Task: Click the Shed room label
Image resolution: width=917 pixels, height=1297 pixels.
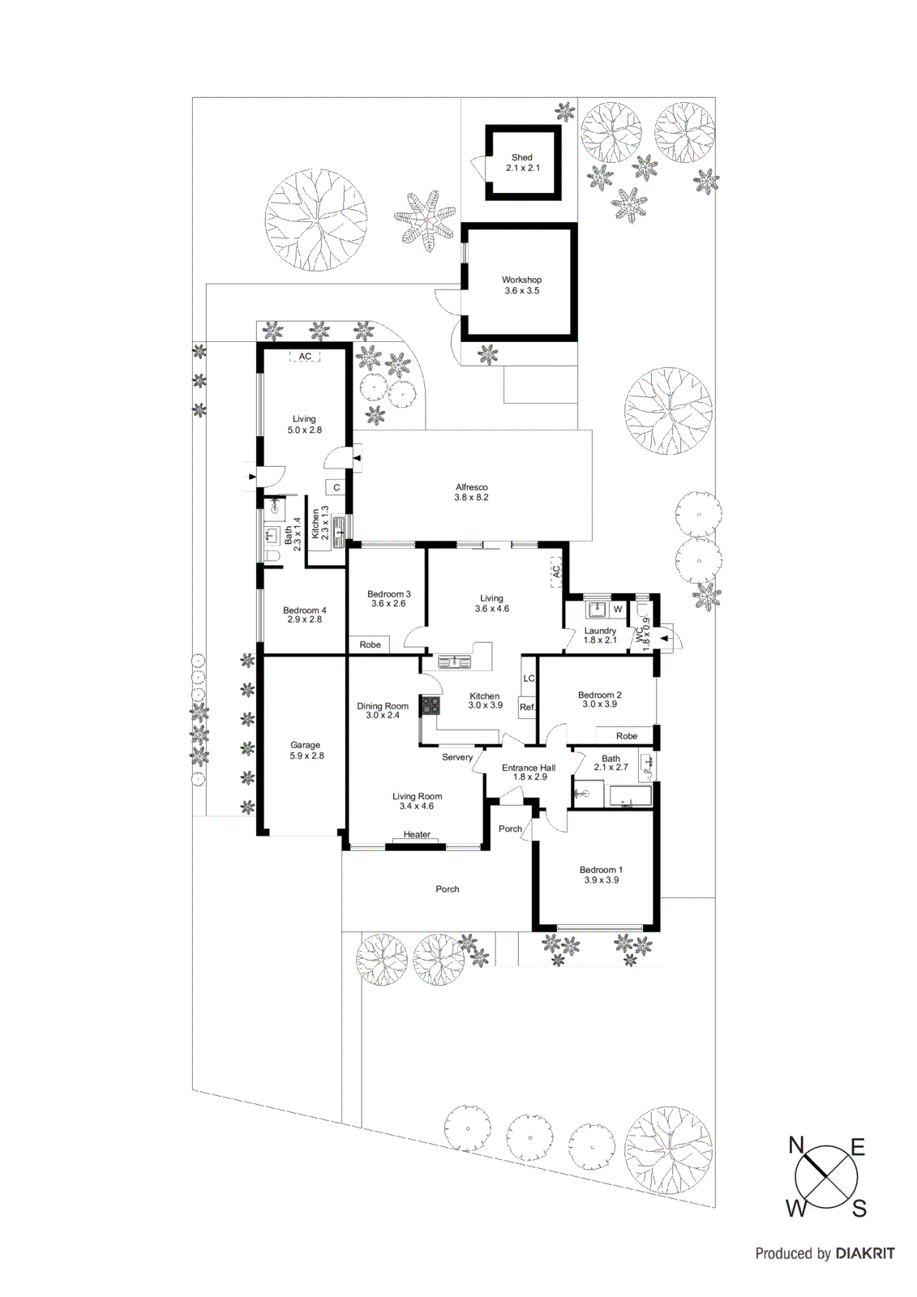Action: [522, 163]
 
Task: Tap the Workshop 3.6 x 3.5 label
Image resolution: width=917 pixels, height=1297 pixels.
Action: [521, 285]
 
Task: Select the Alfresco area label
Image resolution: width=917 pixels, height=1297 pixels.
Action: [471, 492]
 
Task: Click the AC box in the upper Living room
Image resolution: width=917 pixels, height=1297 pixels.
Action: [305, 357]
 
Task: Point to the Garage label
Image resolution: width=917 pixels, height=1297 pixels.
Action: [306, 750]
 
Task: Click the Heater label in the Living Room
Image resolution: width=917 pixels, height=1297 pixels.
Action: [417, 834]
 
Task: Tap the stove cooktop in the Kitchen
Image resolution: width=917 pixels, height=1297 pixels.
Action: [431, 705]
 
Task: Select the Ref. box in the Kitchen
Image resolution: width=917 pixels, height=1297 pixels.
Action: [527, 707]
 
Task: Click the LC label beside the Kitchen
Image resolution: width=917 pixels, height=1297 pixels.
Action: [529, 678]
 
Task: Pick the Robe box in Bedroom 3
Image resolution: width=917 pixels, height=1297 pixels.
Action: [370, 644]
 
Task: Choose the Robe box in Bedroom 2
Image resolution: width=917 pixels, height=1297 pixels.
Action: [626, 736]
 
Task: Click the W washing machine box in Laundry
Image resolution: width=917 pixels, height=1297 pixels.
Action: [618, 609]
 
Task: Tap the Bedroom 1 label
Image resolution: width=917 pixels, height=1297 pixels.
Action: [601, 875]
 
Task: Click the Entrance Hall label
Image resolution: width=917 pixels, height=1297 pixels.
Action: [529, 772]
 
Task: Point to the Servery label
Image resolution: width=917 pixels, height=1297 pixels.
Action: [457, 757]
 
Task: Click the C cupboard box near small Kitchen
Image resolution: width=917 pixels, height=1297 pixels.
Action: [336, 488]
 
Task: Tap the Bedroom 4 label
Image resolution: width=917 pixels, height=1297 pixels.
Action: [304, 614]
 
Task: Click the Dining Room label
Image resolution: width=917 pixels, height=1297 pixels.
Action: [383, 710]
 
